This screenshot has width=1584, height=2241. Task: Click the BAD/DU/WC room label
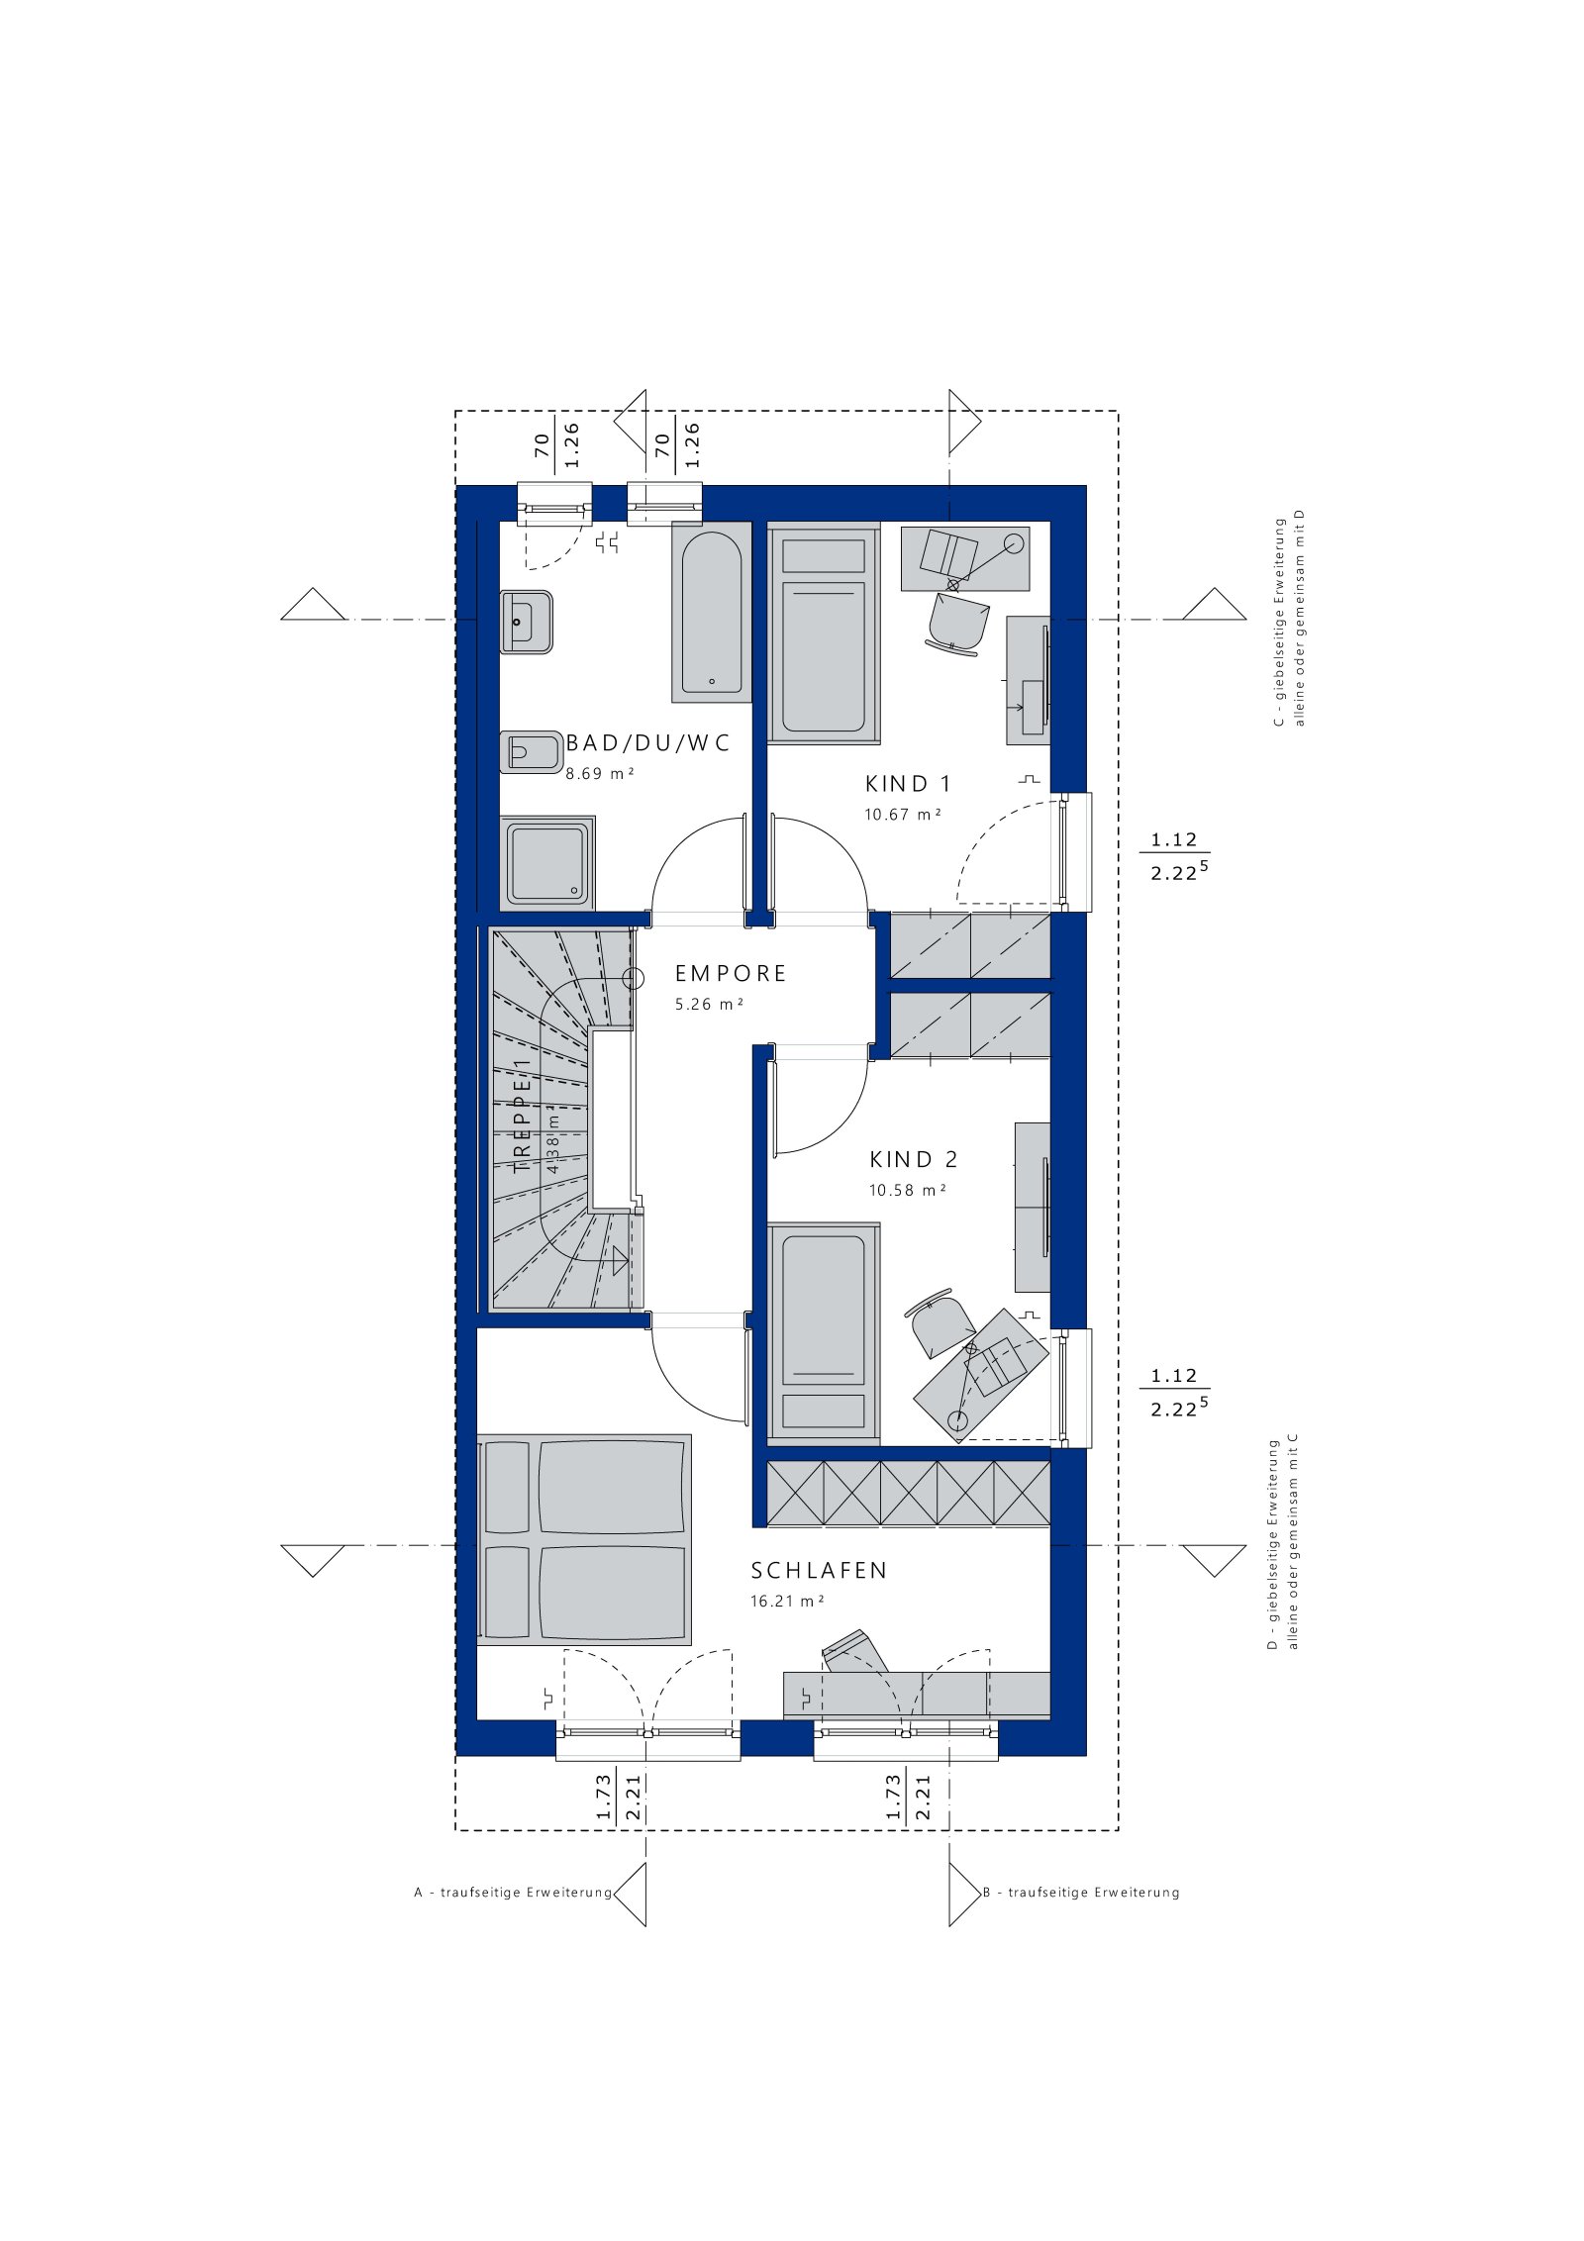[647, 743]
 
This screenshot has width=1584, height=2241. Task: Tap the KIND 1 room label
[908, 784]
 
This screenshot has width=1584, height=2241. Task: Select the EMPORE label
[731, 974]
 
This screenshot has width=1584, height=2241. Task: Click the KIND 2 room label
[914, 1159]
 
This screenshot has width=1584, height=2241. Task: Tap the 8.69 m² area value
[599, 773]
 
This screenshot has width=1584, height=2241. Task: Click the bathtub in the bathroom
[711, 612]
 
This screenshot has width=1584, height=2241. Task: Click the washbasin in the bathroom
[526, 622]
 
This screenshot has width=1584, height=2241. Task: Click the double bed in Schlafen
[584, 1539]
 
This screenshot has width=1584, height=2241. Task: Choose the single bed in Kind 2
[824, 1333]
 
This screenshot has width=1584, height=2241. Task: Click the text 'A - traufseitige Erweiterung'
[513, 1893]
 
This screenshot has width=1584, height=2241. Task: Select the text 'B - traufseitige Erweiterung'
[1081, 1893]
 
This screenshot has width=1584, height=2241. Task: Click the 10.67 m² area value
[902, 815]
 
